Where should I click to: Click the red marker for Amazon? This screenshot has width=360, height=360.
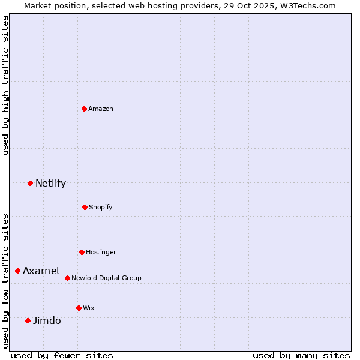[x=84, y=109]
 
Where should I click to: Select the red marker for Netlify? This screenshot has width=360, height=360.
[x=30, y=183]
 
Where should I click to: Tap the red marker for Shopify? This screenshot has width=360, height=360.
[x=85, y=207]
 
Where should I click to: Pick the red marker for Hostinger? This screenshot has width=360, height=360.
[x=82, y=252]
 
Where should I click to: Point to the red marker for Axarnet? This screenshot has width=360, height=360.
[x=17, y=271]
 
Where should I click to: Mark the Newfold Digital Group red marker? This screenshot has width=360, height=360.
[x=67, y=278]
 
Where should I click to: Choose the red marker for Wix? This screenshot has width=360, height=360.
[x=79, y=308]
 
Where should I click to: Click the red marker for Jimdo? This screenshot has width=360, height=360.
[x=28, y=320]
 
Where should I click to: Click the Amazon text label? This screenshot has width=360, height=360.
[x=101, y=109]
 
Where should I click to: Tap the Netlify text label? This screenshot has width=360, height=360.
[x=50, y=183]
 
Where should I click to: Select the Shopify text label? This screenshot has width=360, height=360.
[x=101, y=207]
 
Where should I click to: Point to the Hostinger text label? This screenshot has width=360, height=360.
[x=101, y=252]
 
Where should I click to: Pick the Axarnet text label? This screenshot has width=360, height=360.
[x=41, y=271]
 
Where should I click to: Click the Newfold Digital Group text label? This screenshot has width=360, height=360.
[x=106, y=278]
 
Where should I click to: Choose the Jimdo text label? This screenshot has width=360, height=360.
[x=47, y=320]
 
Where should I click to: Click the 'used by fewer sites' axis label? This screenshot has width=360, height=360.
[x=62, y=355]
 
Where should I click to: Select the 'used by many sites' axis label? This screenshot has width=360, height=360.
[x=301, y=355]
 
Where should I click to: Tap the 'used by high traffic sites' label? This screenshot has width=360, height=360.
[x=5, y=85]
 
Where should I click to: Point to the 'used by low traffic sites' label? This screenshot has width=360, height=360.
[x=5, y=281]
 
